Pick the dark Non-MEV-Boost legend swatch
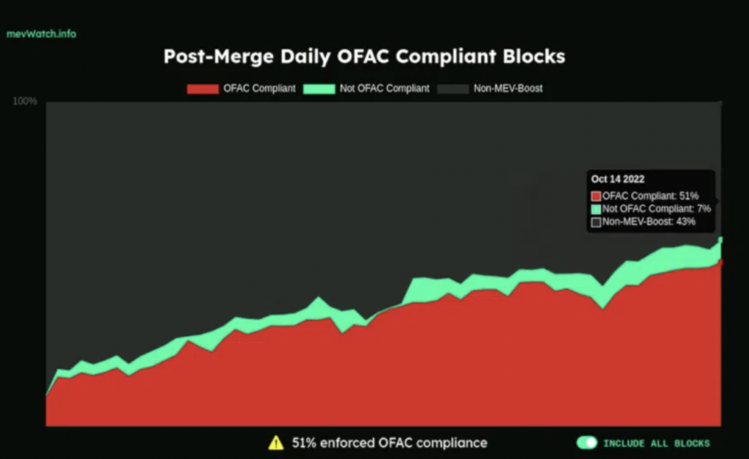(x=455, y=88)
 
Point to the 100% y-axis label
(x=25, y=101)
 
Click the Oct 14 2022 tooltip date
(x=619, y=180)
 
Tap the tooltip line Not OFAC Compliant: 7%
(x=656, y=208)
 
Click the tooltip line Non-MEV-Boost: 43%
(x=649, y=221)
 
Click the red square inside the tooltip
(x=597, y=195)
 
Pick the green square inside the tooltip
(x=597, y=208)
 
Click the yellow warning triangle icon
(x=276, y=442)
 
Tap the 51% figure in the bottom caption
(x=305, y=442)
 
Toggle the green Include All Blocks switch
(x=587, y=442)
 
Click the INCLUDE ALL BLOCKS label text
(x=656, y=443)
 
